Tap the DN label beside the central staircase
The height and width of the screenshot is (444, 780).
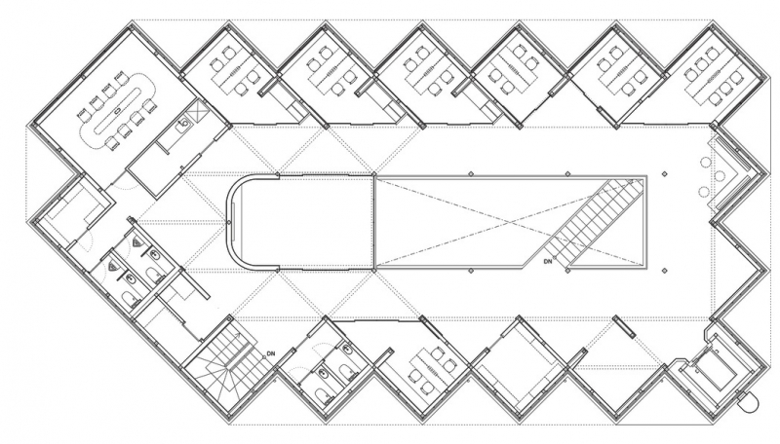point(548,261)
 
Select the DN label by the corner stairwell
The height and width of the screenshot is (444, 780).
point(271,353)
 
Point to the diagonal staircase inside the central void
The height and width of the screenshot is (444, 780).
point(595,221)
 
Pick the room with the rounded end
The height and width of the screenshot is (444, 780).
point(300,223)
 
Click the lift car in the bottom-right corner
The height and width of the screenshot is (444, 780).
point(713,366)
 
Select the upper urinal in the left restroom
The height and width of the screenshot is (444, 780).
point(137,242)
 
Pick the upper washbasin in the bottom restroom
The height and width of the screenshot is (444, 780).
point(347,351)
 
